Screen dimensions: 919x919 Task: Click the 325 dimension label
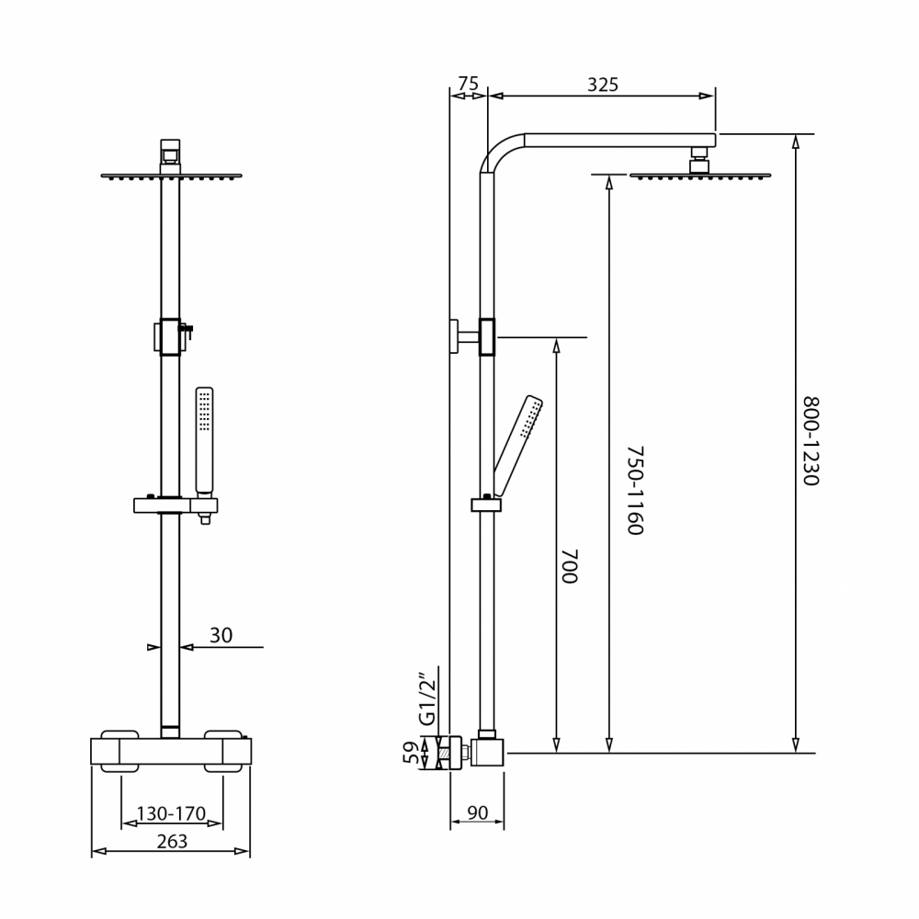[603, 85]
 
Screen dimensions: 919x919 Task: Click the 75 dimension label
[469, 84]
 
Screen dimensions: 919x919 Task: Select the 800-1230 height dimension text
[810, 441]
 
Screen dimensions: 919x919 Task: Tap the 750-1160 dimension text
[635, 491]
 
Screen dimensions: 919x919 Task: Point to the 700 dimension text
[570, 566]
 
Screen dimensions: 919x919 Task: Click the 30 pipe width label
[221, 635]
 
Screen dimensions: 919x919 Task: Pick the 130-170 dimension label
[171, 813]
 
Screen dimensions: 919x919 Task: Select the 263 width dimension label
[173, 842]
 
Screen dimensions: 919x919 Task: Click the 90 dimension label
[478, 813]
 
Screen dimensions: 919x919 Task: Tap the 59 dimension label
[412, 753]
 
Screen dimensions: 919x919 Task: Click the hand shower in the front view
[205, 439]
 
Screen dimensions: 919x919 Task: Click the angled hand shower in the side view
[518, 447]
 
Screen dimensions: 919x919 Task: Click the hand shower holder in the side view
[486, 504]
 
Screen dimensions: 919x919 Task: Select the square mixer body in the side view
[487, 753]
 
